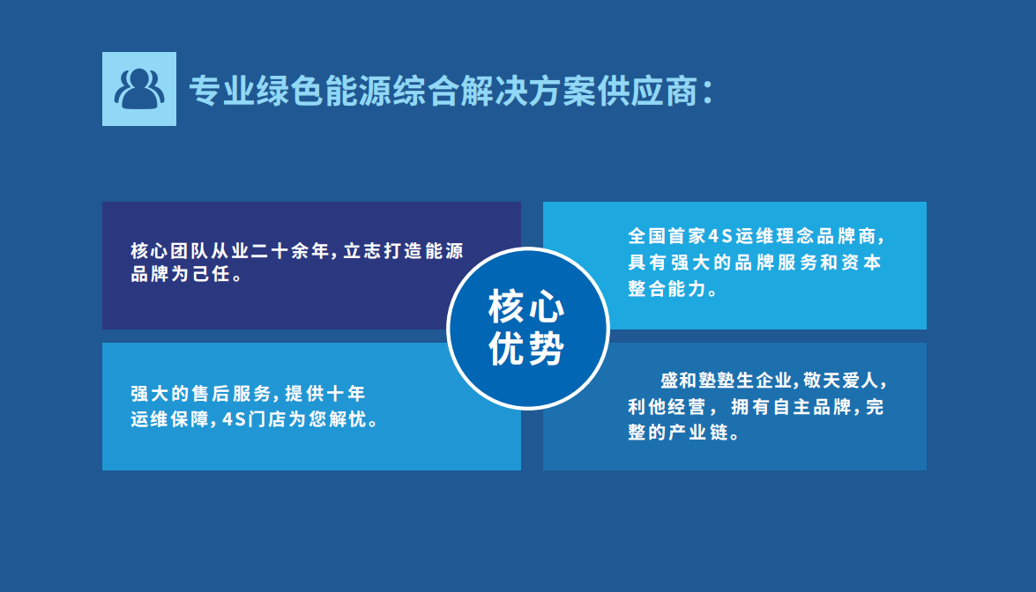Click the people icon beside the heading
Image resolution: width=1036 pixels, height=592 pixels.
pyautogui.click(x=139, y=89)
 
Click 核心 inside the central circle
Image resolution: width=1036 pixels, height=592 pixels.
pyautogui.click(x=526, y=307)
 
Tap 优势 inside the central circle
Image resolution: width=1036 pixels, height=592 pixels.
pyautogui.click(x=526, y=348)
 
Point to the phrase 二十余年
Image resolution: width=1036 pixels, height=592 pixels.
pyautogui.click(x=290, y=251)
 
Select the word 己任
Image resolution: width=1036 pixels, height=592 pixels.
pyautogui.click(x=212, y=274)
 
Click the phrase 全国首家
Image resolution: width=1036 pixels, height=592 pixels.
pyautogui.click(x=667, y=235)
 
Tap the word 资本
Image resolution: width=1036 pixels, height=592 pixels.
pyautogui.click(x=861, y=262)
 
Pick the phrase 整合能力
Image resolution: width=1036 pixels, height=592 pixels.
pyautogui.click(x=667, y=288)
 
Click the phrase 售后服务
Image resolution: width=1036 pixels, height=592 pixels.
pyautogui.click(x=232, y=394)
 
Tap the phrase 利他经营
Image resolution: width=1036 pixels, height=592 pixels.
pyautogui.click(x=667, y=406)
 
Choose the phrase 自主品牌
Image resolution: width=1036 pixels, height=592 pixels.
pyautogui.click(x=811, y=406)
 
